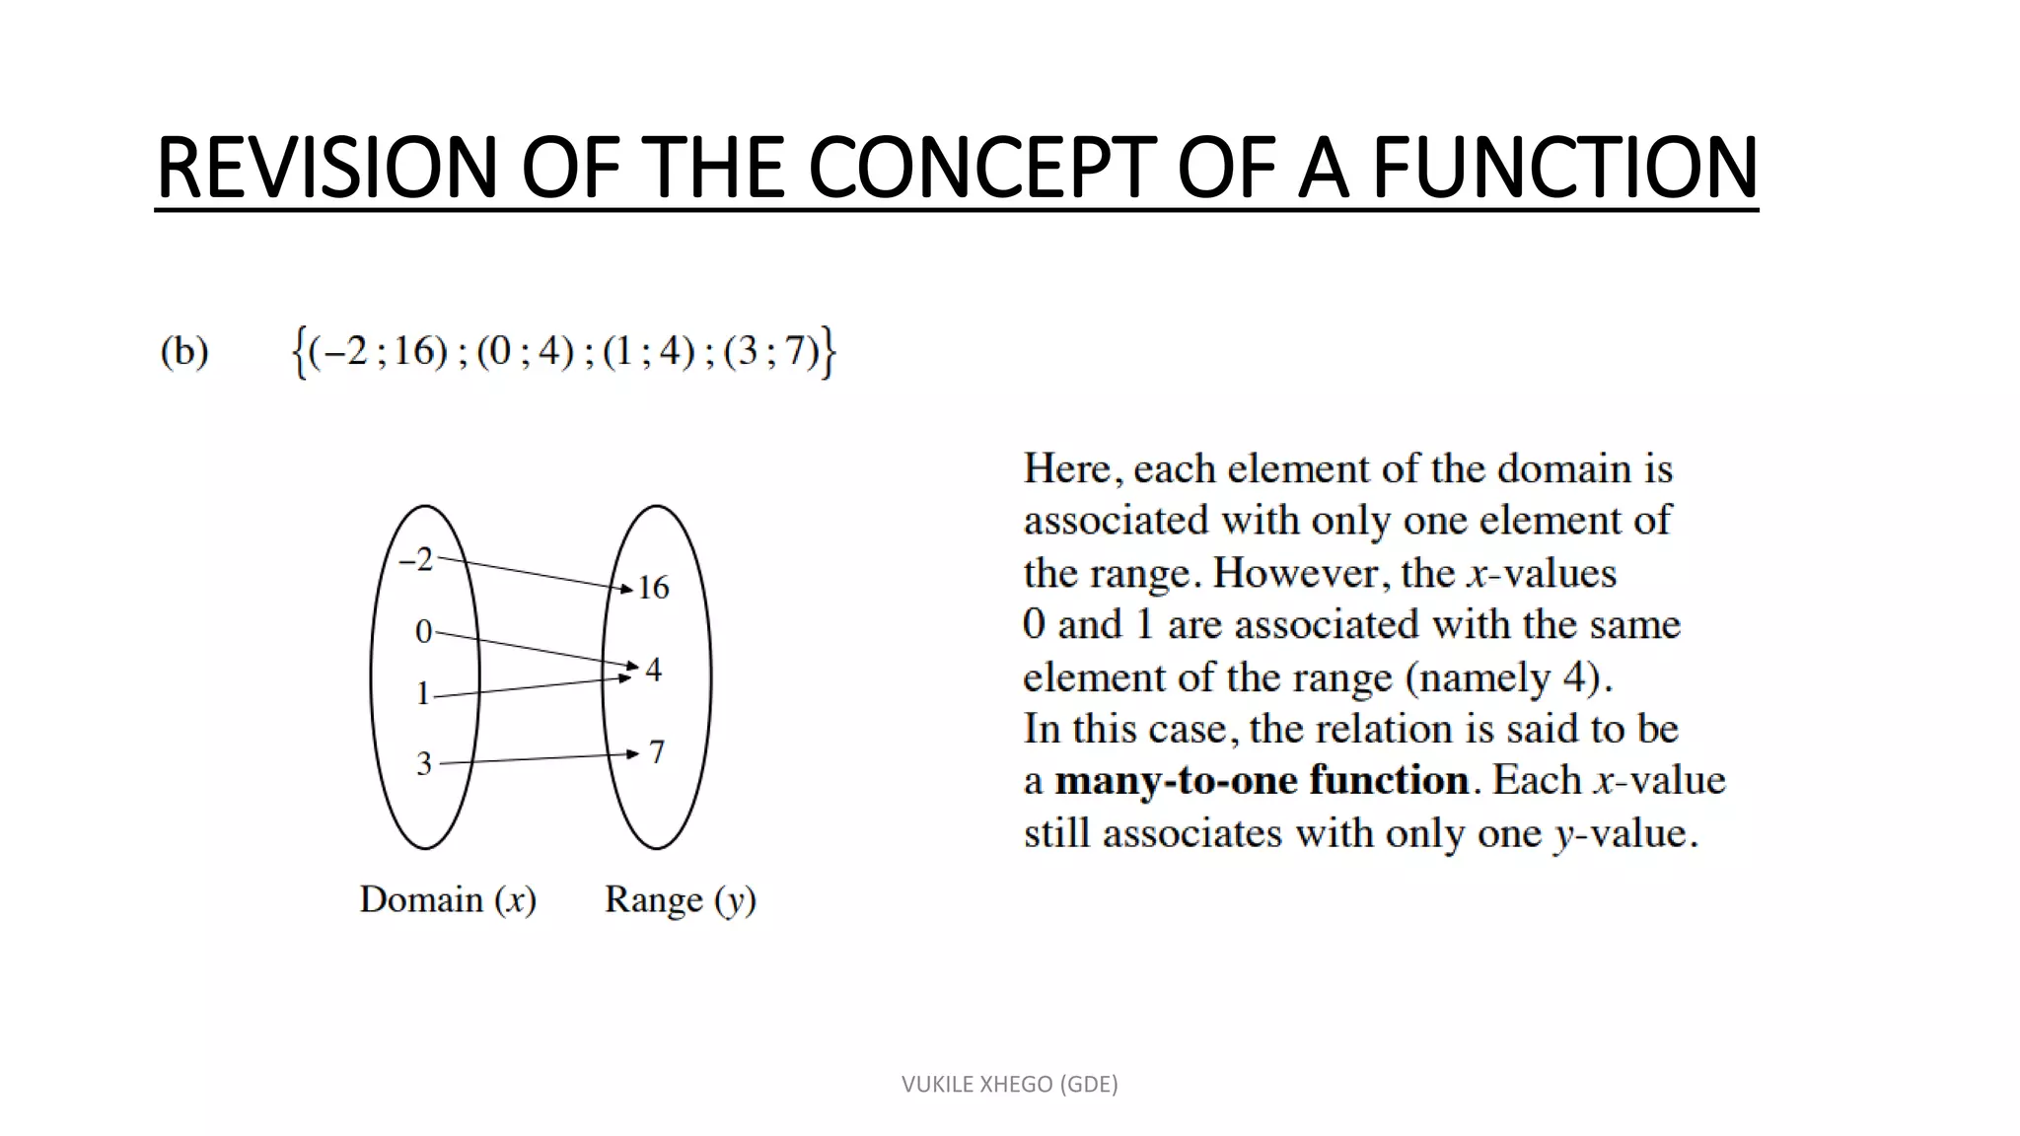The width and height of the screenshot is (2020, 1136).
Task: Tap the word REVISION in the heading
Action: tap(326, 168)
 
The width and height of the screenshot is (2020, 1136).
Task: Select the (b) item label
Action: tap(184, 351)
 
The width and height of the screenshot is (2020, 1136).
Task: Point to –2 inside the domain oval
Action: tap(416, 560)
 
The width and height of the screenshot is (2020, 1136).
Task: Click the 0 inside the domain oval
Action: tap(423, 631)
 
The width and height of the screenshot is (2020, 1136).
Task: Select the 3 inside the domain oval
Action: tap(424, 763)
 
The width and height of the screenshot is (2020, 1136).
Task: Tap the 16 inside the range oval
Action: tap(653, 588)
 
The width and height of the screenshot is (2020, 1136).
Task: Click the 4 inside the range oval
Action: tap(653, 671)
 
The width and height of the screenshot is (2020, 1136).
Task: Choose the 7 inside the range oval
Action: tap(657, 752)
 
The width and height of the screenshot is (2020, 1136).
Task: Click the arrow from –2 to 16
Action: tap(533, 575)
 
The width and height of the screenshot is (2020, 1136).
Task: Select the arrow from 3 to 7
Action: tap(538, 758)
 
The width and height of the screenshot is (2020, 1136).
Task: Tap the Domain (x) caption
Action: tap(448, 899)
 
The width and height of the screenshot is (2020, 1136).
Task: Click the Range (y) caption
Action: tap(680, 899)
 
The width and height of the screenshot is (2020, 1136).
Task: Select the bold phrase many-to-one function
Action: tap(1262, 780)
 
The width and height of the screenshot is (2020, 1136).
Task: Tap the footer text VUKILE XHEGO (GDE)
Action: tap(1009, 1084)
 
